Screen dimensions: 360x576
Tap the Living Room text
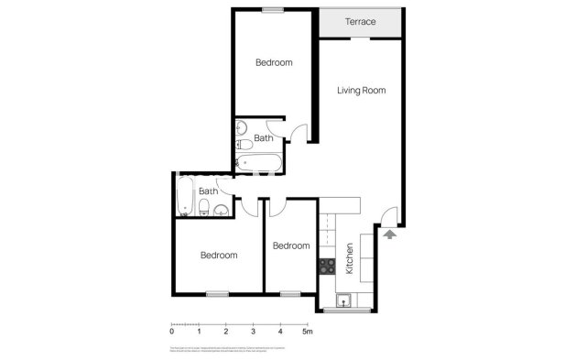360,90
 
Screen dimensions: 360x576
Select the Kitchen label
349,257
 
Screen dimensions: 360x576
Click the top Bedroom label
273,62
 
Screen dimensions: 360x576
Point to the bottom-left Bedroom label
219,255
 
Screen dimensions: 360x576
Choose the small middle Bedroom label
290,245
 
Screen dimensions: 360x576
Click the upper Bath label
263,138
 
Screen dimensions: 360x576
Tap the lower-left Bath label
209,191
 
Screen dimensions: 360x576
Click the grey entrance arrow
389,235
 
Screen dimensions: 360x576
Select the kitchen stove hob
327,267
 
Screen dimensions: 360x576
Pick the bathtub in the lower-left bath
183,196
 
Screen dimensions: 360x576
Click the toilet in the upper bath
245,145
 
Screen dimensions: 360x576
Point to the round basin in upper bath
243,128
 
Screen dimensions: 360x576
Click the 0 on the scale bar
172,331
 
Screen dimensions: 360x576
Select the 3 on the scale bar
253,331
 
